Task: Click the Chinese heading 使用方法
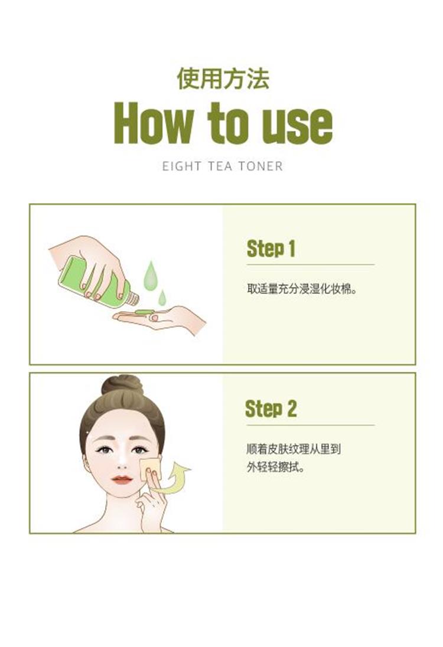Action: [223, 79]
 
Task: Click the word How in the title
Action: [153, 123]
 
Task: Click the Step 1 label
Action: [271, 249]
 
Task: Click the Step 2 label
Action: [271, 409]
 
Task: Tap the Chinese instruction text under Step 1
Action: [302, 289]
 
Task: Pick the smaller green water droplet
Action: [162, 298]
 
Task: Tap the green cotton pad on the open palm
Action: [144, 312]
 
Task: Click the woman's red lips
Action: [122, 479]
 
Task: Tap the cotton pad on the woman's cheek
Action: [149, 468]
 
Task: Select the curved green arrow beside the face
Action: [174, 479]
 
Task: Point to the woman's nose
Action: [122, 462]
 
